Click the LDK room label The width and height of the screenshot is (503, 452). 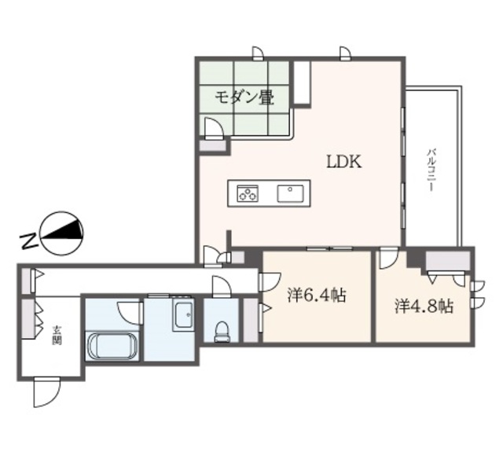[x=343, y=162]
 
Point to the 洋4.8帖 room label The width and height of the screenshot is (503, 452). [x=424, y=305]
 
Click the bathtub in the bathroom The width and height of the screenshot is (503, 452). [x=112, y=347]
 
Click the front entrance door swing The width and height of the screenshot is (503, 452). [x=46, y=391]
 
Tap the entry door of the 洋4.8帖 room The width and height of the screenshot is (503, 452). [x=388, y=259]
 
